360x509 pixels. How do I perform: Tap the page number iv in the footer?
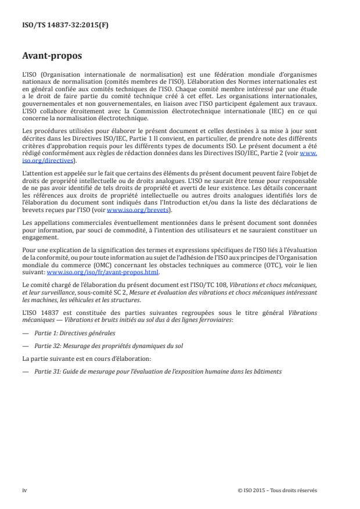pyautogui.click(x=24, y=490)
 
